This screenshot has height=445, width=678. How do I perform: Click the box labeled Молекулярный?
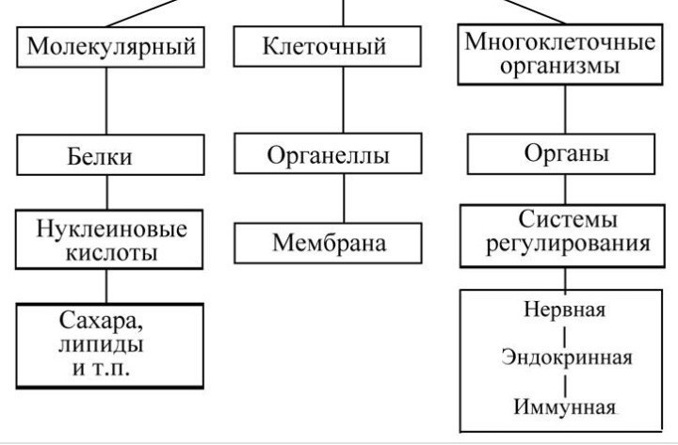click(x=111, y=47)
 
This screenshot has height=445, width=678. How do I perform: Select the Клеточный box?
click(x=328, y=46)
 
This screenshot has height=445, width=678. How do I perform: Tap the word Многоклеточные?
click(x=560, y=42)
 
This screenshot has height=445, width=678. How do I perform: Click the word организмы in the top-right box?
click(x=560, y=66)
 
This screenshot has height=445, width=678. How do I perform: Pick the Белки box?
click(x=111, y=154)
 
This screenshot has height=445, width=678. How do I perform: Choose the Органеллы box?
click(x=328, y=153)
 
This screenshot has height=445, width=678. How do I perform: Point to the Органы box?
click(x=561, y=154)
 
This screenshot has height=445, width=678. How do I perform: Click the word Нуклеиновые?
click(x=111, y=229)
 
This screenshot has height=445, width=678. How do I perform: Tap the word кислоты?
click(x=111, y=252)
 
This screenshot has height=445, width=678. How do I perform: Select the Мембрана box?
click(x=328, y=244)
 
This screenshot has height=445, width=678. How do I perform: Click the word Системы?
click(x=568, y=219)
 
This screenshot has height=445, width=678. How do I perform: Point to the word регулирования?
click(x=568, y=244)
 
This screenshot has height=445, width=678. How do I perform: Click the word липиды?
click(x=101, y=345)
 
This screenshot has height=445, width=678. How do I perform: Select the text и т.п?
click(x=101, y=369)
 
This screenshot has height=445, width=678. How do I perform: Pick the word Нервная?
click(x=565, y=310)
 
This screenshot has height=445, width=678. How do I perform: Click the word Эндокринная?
click(x=567, y=358)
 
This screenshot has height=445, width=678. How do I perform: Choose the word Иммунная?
click(x=565, y=406)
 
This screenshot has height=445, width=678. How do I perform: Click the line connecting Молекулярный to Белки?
click(x=106, y=101)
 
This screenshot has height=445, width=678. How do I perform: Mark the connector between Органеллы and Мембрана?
click(x=345, y=199)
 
